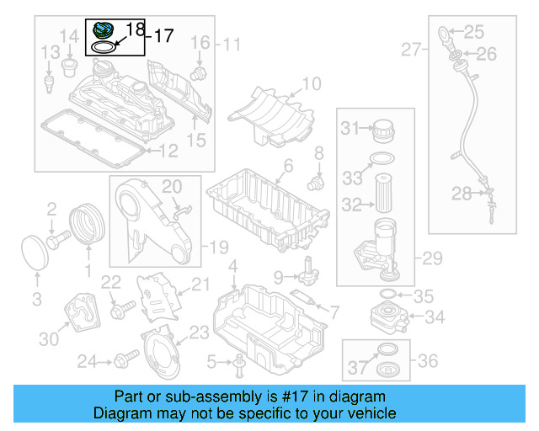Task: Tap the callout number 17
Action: pyautogui.click(x=162, y=35)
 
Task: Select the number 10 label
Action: pyautogui.click(x=311, y=83)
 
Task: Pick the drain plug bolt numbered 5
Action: pyautogui.click(x=240, y=364)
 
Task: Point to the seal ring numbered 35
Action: pyautogui.click(x=388, y=294)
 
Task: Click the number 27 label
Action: pyautogui.click(x=411, y=51)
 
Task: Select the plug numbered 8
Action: pyautogui.click(x=318, y=180)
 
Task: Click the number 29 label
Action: pyautogui.click(x=432, y=259)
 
